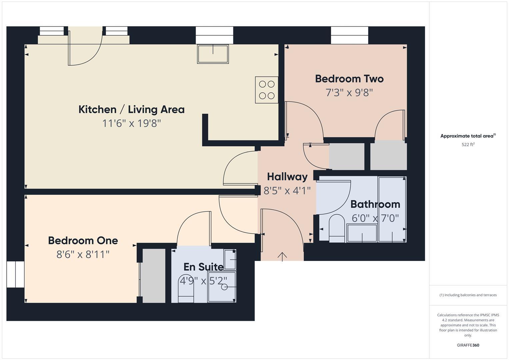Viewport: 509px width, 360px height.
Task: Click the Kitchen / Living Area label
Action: pyautogui.click(x=131, y=109)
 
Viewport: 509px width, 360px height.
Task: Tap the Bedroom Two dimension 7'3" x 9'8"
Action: pyautogui.click(x=349, y=92)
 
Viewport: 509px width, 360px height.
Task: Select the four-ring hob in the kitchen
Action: pyautogui.click(x=267, y=90)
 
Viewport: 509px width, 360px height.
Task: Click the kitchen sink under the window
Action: pyautogui.click(x=213, y=54)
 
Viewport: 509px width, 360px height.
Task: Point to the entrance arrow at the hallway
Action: pyautogui.click(x=282, y=256)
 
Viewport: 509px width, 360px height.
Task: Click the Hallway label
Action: pyautogui.click(x=287, y=177)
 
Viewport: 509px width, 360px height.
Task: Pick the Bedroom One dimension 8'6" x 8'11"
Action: pyautogui.click(x=83, y=255)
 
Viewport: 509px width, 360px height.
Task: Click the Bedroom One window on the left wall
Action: pyautogui.click(x=15, y=274)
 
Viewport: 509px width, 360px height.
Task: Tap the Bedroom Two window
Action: pyautogui.click(x=349, y=35)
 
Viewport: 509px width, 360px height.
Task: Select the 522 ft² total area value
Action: pyautogui.click(x=468, y=144)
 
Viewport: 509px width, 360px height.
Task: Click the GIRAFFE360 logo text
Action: pyautogui.click(x=468, y=345)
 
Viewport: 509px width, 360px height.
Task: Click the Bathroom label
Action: pyautogui.click(x=375, y=204)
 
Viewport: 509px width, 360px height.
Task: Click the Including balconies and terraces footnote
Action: pyautogui.click(x=468, y=295)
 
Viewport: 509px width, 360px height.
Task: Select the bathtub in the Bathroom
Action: pyautogui.click(x=392, y=209)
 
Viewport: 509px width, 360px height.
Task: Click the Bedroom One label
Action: pyautogui.click(x=83, y=240)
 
